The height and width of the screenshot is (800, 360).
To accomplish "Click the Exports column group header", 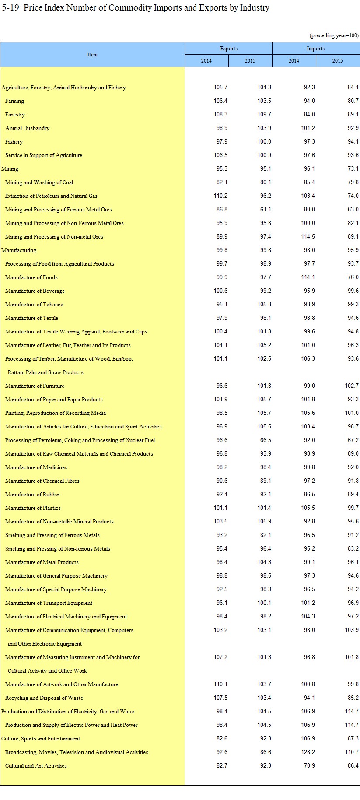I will [229, 49].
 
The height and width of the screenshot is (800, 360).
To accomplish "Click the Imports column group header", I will [316, 49].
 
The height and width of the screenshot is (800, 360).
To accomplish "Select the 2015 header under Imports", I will [337, 61].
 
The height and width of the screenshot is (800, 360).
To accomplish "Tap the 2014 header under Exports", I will [206, 61].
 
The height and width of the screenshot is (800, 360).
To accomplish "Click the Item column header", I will [92, 55].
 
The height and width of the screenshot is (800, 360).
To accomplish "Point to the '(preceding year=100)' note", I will [334, 35].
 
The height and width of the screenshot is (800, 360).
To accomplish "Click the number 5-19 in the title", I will [10, 8].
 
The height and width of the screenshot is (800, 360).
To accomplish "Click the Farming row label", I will [14, 101].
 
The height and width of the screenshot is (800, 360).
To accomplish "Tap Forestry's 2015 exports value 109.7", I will [264, 115].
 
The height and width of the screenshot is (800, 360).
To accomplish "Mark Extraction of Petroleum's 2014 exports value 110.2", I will [220, 196].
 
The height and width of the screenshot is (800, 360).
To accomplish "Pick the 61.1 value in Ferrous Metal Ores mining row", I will [265, 210].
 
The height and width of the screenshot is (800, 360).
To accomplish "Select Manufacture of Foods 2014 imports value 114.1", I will [308, 277].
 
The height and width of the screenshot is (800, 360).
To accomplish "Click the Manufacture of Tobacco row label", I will [34, 305].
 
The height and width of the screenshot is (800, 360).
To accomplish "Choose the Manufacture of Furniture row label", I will [35, 386].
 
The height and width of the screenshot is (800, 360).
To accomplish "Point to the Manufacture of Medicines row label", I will [36, 467].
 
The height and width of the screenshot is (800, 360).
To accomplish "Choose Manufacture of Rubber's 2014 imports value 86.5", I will [309, 495].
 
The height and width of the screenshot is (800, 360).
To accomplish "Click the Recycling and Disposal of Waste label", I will [44, 698].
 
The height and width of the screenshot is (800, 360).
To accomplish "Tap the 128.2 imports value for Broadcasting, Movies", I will [308, 752].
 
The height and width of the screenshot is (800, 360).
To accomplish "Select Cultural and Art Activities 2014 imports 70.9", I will [309, 766].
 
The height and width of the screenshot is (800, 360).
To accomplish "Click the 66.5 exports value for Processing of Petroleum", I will [265, 440].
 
